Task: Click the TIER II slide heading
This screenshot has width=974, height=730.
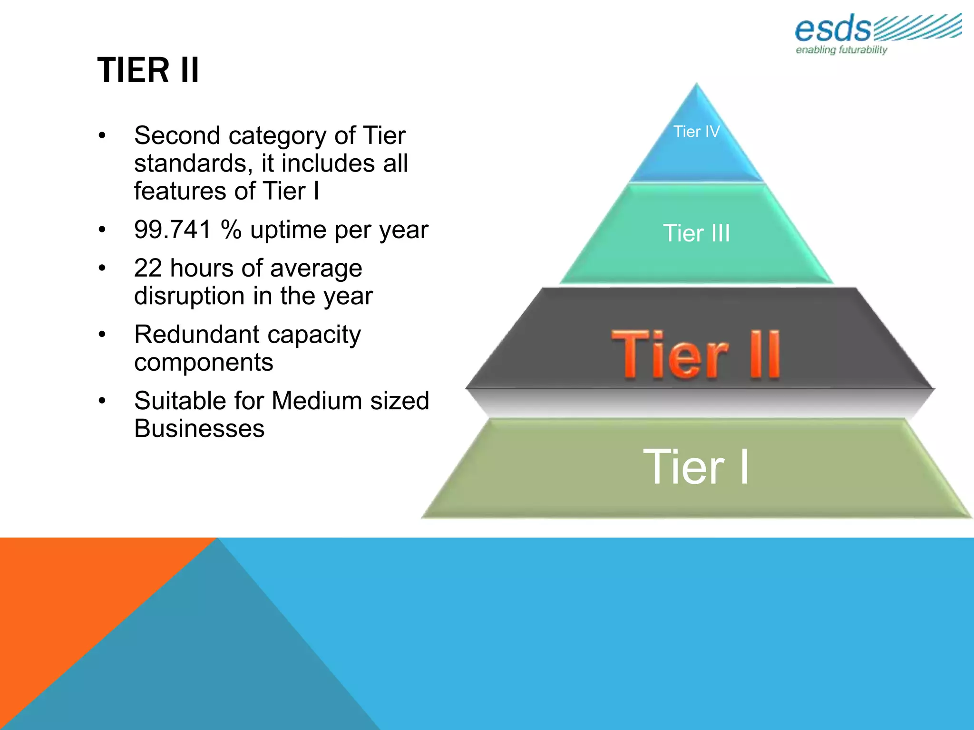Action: [x=148, y=70]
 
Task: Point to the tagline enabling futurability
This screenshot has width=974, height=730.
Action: [x=841, y=50]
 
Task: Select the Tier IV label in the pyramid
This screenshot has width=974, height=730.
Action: [x=696, y=132]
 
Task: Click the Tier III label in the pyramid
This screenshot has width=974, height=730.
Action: [x=696, y=233]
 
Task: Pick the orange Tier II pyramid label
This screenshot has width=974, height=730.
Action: [x=696, y=355]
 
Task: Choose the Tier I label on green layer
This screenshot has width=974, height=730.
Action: [x=696, y=467]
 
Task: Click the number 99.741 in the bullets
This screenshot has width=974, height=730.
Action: [x=173, y=230]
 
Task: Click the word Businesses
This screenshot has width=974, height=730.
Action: [x=199, y=429]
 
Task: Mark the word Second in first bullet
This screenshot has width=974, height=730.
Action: [x=177, y=136]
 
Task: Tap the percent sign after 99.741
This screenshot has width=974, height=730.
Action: [x=231, y=230]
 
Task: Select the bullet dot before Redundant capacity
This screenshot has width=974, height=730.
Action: [x=102, y=335]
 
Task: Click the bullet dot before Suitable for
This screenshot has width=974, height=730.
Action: [x=102, y=401]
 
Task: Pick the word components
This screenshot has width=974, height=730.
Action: [x=204, y=363]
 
